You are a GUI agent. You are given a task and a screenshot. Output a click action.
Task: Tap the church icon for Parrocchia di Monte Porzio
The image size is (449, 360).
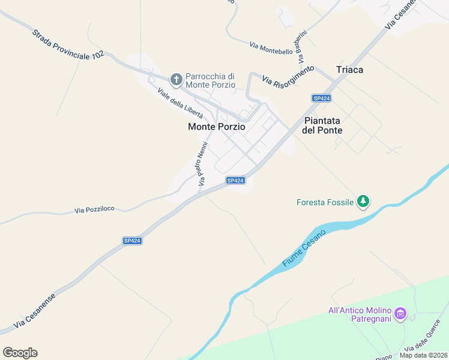pyautogui.click(x=176, y=79)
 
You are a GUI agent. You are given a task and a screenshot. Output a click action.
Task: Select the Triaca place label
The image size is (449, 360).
pyautogui.click(x=349, y=70)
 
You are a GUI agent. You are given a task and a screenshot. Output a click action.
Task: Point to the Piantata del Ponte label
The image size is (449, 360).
pyautogui.click(x=323, y=125)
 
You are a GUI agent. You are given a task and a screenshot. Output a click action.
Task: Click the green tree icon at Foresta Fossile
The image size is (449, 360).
pyautogui.click(x=363, y=202)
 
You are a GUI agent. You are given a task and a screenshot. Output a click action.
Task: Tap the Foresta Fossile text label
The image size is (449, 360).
pyautogui.click(x=325, y=202)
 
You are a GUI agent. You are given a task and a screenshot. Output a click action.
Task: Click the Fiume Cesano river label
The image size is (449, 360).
pyautogui.click(x=304, y=248)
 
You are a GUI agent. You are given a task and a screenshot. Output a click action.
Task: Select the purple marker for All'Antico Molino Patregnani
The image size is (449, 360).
pyautogui.click(x=401, y=313)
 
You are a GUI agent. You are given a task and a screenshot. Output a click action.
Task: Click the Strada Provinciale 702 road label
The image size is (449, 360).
pyautogui.click(x=68, y=44)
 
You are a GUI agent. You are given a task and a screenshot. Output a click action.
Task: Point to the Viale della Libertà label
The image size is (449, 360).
pyautogui.click(x=180, y=103)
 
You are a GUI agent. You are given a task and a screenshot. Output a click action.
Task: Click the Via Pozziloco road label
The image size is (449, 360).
pyautogui.click(x=94, y=210)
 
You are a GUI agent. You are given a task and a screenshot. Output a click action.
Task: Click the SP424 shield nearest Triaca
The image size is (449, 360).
pyautogui.click(x=322, y=98)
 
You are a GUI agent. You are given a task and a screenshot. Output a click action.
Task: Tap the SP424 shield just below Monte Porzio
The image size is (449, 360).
pyautogui.click(x=235, y=180)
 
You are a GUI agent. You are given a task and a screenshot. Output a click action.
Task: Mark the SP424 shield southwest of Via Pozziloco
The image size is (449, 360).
pyautogui.click(x=132, y=241)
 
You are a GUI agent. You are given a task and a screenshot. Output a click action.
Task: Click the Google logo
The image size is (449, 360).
pyautogui.click(x=20, y=353)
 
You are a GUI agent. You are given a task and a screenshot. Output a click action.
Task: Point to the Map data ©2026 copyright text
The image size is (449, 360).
pyautogui.click(x=423, y=355)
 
